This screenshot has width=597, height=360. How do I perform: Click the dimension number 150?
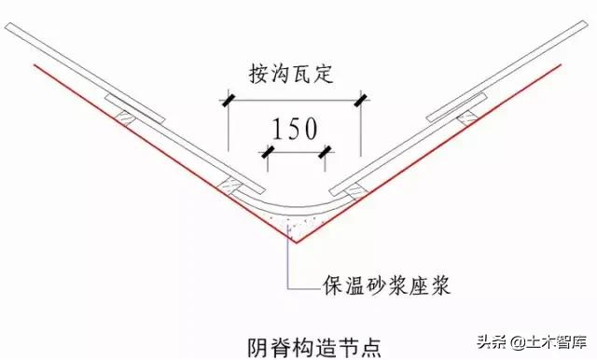click(x=295, y=129)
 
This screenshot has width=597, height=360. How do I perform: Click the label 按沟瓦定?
click(x=291, y=73)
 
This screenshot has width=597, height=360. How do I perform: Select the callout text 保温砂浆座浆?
click(x=387, y=284)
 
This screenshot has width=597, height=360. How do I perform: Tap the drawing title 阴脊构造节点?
click(x=314, y=347)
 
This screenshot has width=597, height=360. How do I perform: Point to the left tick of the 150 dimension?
click(x=268, y=152)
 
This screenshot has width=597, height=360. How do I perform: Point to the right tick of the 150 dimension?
click(x=325, y=152)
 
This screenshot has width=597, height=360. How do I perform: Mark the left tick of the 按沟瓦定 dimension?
click(x=228, y=101)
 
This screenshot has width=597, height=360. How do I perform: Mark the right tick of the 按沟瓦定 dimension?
click(x=361, y=101)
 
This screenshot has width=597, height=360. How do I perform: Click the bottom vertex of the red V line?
click(x=295, y=242)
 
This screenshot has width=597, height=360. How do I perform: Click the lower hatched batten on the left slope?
click(x=229, y=187)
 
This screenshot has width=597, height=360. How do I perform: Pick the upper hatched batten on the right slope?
click(x=467, y=117)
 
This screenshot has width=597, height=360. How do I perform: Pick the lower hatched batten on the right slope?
click(x=356, y=190)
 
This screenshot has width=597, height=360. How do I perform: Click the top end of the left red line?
click(x=35, y=65)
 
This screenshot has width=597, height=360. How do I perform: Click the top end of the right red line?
click(x=560, y=65)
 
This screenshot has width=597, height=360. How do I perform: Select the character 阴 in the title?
click(x=257, y=347)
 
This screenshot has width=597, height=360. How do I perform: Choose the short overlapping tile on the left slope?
click(x=134, y=109)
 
